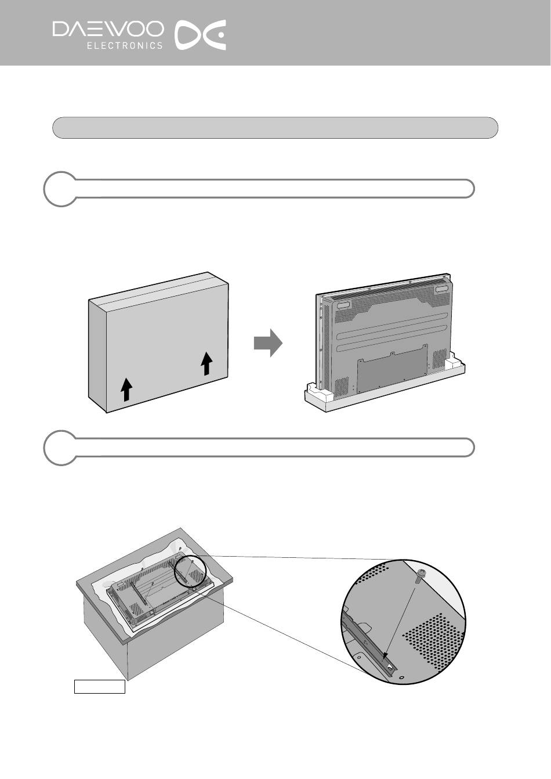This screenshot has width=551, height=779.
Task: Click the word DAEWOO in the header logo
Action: point(108,30)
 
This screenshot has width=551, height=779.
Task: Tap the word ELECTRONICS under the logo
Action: point(125,45)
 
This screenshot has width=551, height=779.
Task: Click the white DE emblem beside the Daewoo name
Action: point(201,35)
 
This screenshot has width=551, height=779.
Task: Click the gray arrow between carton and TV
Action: point(267,344)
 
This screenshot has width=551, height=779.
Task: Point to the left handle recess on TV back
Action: point(342,303)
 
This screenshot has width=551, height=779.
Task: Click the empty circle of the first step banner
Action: point(60,189)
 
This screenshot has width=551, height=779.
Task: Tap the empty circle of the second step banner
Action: point(60,448)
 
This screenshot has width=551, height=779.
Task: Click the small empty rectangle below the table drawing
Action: point(99,686)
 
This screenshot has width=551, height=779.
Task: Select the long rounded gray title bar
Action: point(275,128)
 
